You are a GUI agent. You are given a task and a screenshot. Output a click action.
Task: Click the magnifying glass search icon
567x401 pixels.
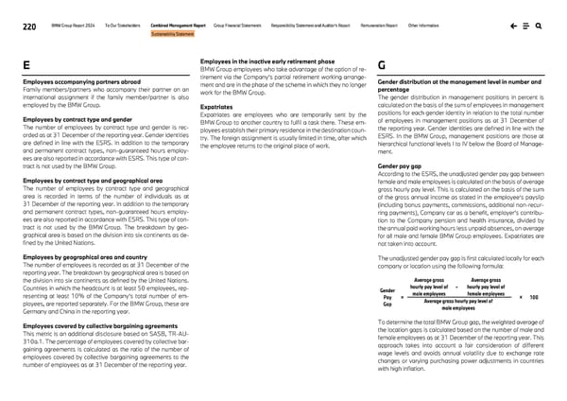coord(538,27)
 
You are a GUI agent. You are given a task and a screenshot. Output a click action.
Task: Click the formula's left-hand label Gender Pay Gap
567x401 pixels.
coord(387,297)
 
